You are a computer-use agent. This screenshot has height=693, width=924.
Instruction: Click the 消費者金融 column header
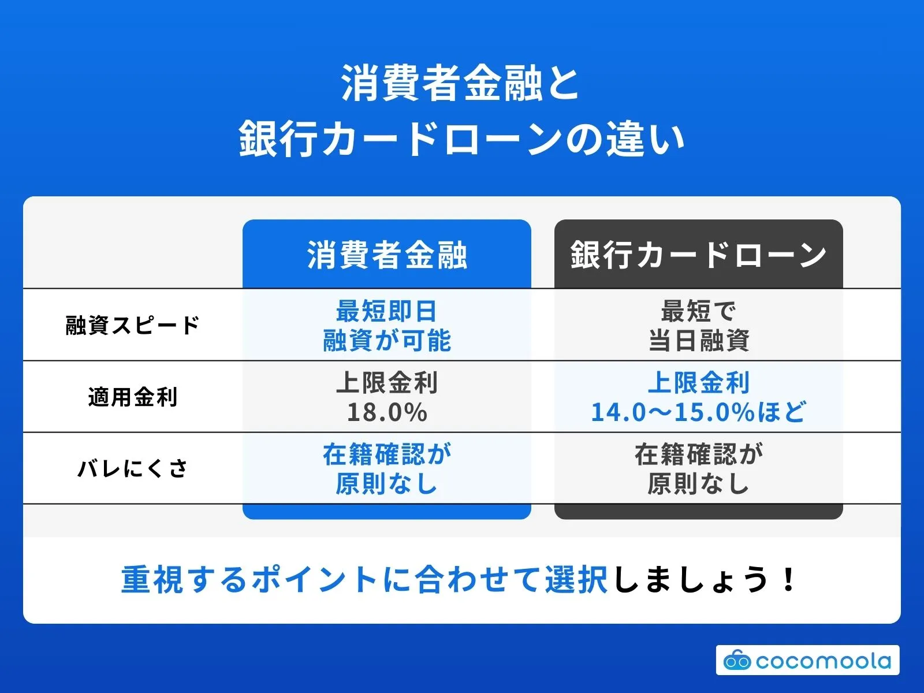pyautogui.click(x=387, y=255)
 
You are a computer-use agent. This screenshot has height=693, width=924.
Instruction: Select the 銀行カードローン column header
pyautogui.click(x=698, y=255)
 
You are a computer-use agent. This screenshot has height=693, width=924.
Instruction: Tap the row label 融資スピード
pyautogui.click(x=132, y=325)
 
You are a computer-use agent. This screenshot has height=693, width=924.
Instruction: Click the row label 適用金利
pyautogui.click(x=132, y=397)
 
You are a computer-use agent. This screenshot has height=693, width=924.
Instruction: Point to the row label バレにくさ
pyautogui.click(x=132, y=468)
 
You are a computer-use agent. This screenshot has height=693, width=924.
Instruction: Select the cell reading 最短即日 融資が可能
pyautogui.click(x=387, y=326)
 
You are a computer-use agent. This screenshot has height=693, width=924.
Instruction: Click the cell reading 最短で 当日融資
pyautogui.click(x=698, y=326)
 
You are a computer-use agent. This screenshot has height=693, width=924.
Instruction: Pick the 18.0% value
pyautogui.click(x=387, y=412)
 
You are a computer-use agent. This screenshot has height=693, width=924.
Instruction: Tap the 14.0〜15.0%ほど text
pyautogui.click(x=698, y=412)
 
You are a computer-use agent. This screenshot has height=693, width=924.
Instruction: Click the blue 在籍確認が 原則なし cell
pyautogui.click(x=387, y=469)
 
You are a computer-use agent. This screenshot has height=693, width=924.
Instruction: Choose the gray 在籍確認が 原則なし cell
pyautogui.click(x=698, y=469)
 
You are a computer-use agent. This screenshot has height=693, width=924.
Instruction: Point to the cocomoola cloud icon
pyautogui.click(x=737, y=660)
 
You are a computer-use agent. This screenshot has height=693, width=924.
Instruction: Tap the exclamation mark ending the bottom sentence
pyautogui.click(x=788, y=580)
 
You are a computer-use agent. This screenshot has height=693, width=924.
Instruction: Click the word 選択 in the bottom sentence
pyautogui.click(x=576, y=580)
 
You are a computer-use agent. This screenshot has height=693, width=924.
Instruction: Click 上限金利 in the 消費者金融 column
pyautogui.click(x=387, y=382)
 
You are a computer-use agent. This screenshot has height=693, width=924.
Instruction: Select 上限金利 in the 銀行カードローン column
pyautogui.click(x=698, y=382)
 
